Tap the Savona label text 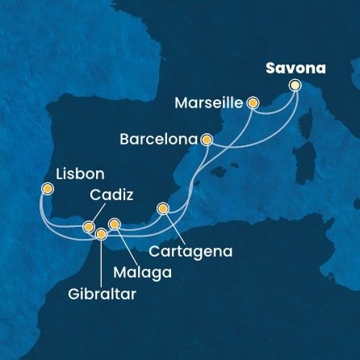295,69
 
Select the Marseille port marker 253,103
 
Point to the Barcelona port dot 207,139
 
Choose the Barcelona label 158,139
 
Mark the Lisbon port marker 48,190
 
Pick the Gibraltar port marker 101,235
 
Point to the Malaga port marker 115,224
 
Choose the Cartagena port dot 163,209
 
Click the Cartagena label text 196,252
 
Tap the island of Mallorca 216,172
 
